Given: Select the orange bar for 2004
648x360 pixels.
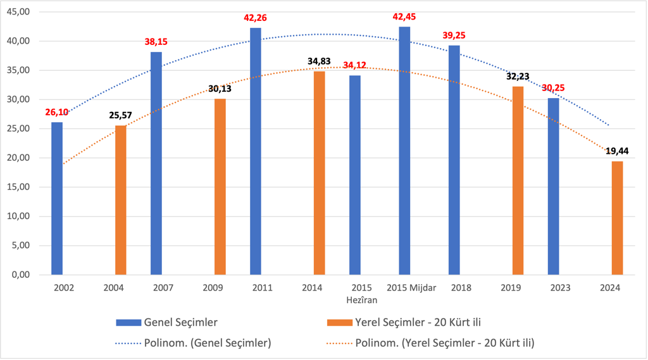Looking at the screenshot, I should coord(120,200).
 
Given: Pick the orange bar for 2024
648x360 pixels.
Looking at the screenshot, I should coord(617,218).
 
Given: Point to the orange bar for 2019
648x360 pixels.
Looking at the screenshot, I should coord(518,180).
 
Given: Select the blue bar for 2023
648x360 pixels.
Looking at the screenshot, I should coord(554,186).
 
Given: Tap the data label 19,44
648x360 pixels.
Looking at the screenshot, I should coord(616,151).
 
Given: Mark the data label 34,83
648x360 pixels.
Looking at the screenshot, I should coord(320,61).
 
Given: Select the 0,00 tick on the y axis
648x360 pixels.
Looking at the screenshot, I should coord(23,275).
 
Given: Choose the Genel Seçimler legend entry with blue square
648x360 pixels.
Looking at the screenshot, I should coord(167,323).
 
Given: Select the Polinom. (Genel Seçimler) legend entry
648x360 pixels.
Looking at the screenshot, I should coord(193,344).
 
